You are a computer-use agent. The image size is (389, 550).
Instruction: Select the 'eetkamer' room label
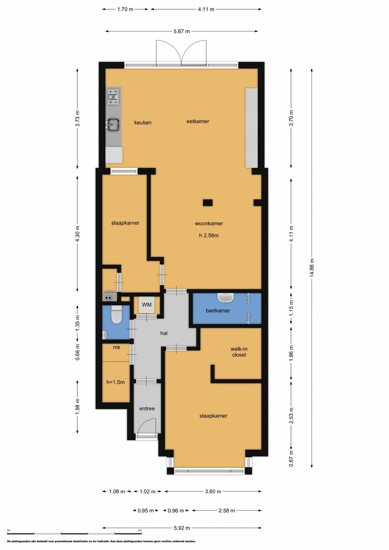coord(198,121)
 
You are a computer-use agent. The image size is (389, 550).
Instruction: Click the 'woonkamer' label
coord(209,223)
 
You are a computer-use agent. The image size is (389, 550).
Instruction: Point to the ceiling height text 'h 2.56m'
coord(209,236)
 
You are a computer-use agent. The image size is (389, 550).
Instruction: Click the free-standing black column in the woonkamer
coord(208,203)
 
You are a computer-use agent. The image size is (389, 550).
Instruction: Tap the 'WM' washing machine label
coord(147,305)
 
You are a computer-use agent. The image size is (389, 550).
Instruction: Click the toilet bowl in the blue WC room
coord(116,315)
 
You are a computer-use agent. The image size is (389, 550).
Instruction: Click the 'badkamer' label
coord(218,311)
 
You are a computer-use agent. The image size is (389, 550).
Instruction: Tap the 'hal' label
coord(164,333)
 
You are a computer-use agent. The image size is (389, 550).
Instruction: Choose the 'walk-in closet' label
coord(239,352)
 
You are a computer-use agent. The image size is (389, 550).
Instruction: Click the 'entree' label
coord(147,409)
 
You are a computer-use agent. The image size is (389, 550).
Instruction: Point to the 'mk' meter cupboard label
coord(116,347)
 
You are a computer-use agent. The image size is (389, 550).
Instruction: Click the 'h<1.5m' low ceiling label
coord(116,382)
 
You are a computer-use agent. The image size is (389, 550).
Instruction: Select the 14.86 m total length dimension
coord(312,268)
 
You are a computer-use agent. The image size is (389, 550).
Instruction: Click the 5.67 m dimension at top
coord(182,31)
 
